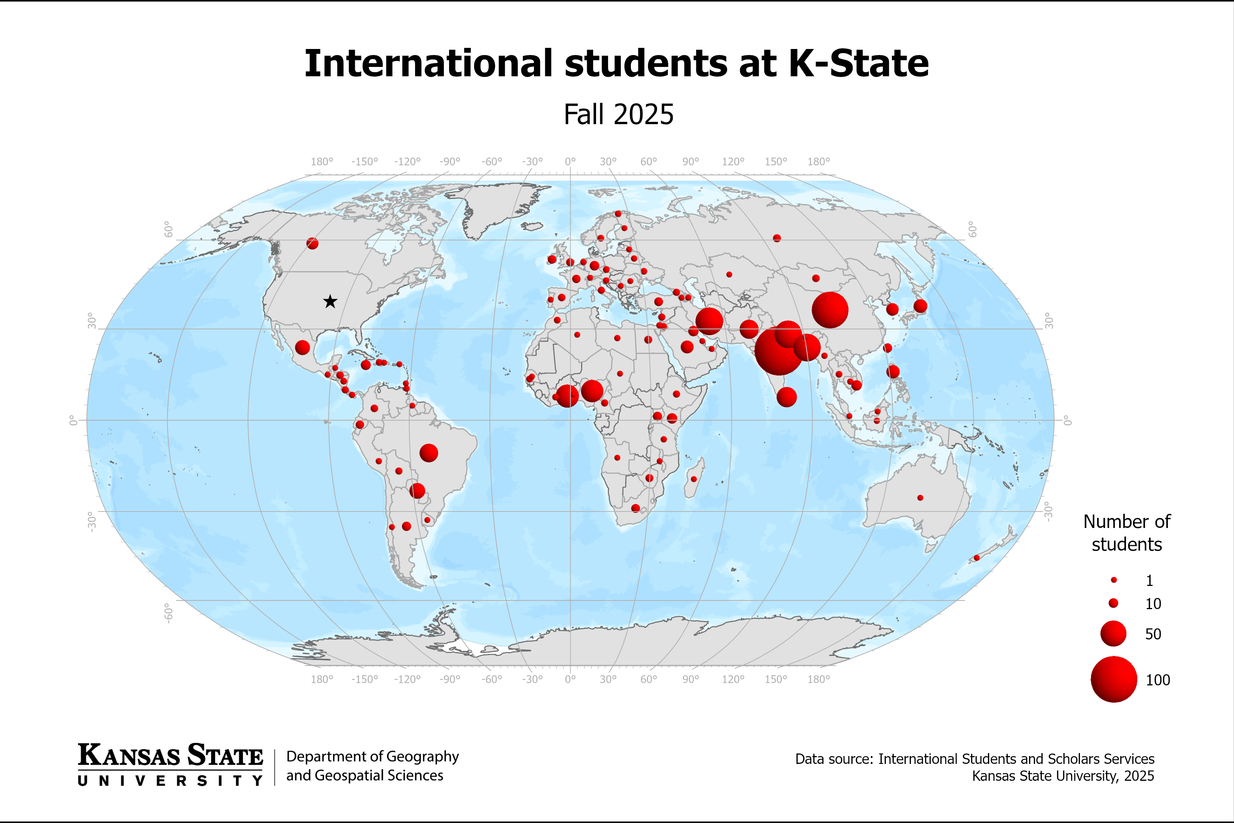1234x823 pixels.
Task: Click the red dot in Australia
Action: (x=920, y=498)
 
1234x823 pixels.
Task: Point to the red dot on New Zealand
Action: (x=977, y=558)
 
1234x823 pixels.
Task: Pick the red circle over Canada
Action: (x=312, y=243)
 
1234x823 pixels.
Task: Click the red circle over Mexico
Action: (x=303, y=347)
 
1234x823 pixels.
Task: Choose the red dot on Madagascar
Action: (x=694, y=479)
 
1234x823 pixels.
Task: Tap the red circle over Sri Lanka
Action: (x=786, y=397)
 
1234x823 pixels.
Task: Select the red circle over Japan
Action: (x=920, y=306)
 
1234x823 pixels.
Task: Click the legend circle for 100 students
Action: (x=1114, y=679)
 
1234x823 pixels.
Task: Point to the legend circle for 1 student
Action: (x=1114, y=580)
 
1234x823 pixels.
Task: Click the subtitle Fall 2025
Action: (x=618, y=114)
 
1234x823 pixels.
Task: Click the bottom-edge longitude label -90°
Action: (x=450, y=679)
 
